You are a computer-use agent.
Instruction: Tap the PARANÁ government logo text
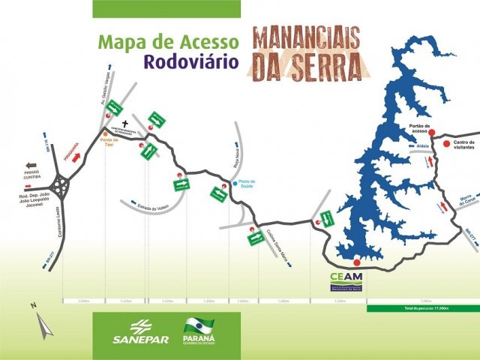click(x=198, y=340)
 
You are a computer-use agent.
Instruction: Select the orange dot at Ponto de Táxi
click(x=105, y=134)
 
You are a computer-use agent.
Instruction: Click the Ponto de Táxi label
click(x=109, y=144)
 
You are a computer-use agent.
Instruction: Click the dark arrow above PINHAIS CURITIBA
click(x=32, y=165)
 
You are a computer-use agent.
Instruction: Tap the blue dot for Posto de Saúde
click(x=234, y=182)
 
